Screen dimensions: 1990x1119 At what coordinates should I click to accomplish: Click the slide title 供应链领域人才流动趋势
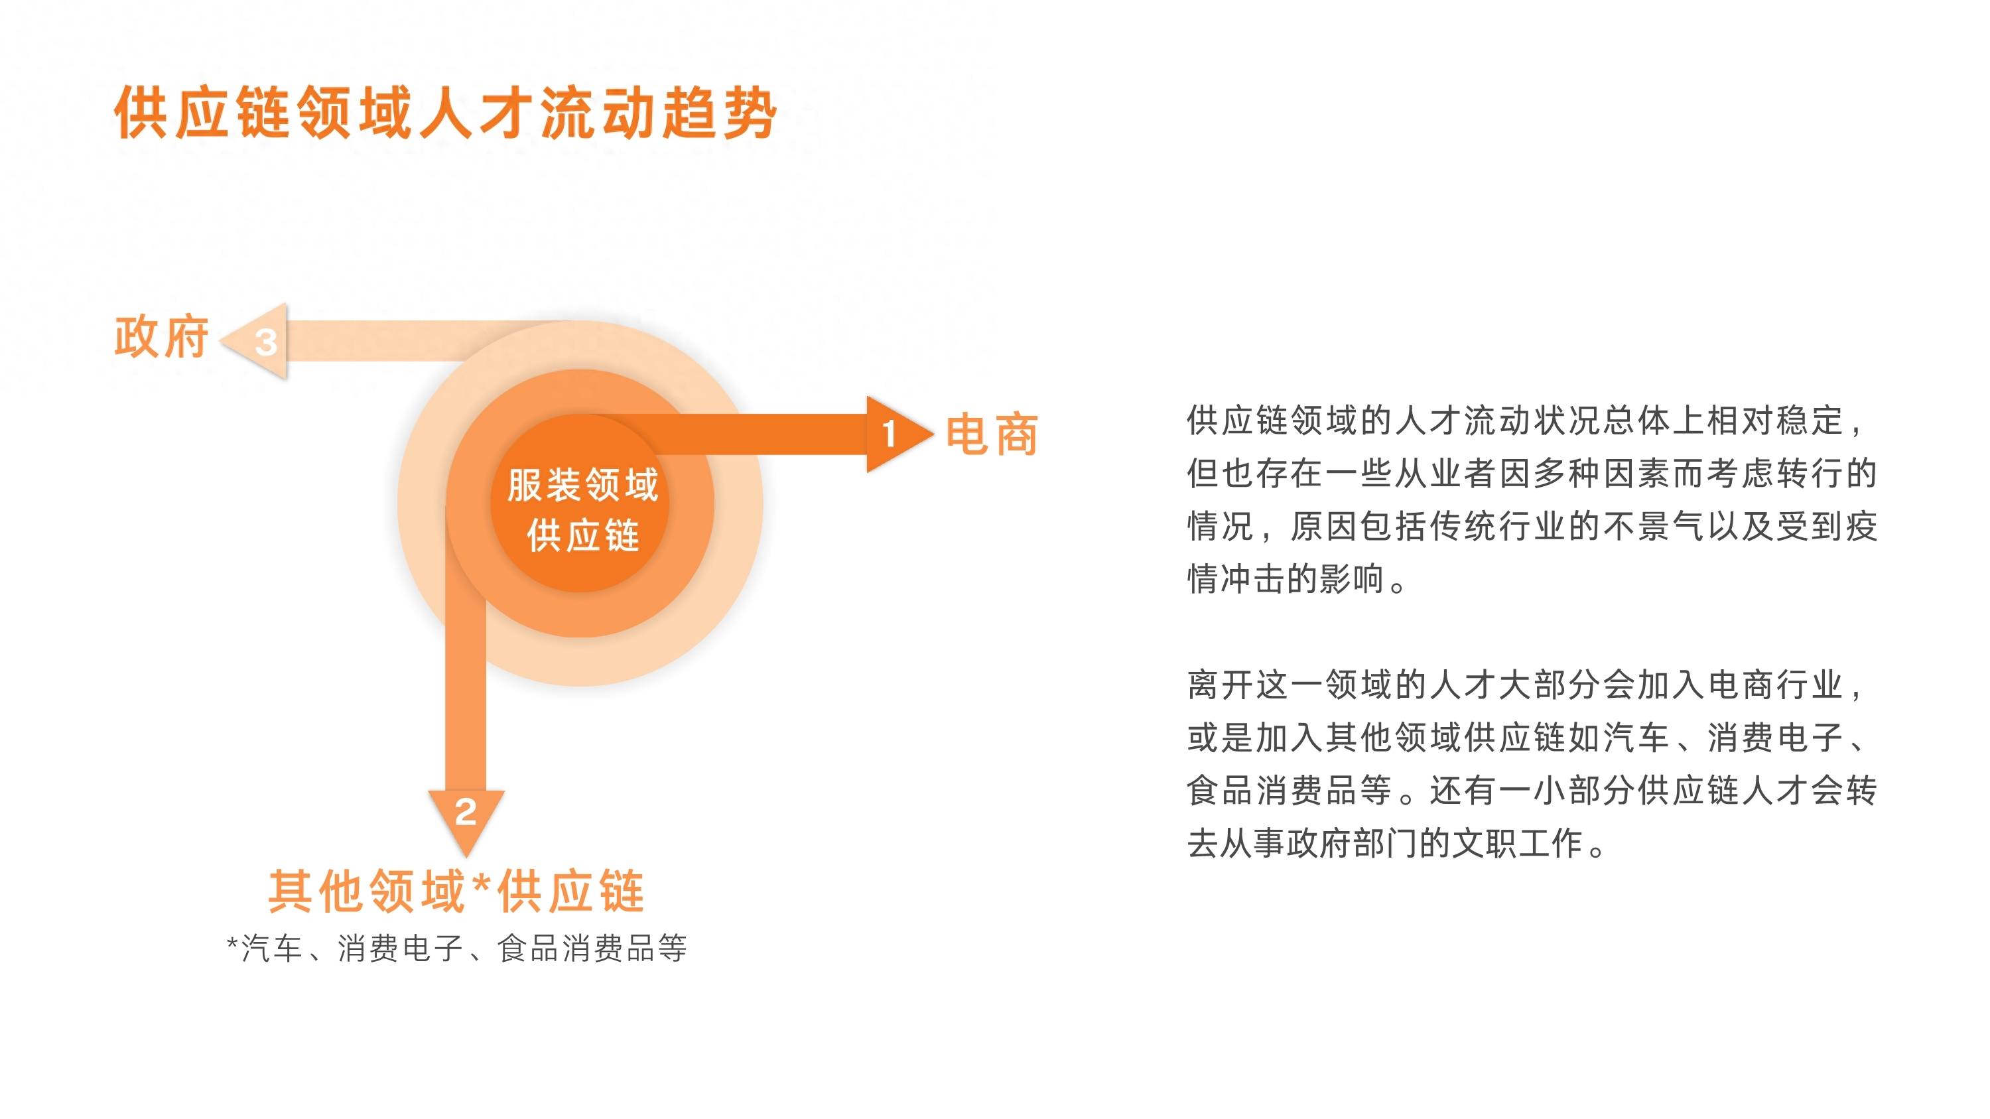coord(445,113)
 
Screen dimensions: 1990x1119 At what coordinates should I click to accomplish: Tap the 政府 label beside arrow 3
coord(161,338)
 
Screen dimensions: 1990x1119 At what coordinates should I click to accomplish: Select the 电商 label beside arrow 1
coord(992,434)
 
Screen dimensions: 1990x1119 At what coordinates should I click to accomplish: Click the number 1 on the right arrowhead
coord(889,433)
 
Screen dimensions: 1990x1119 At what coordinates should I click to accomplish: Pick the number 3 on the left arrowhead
coord(266,343)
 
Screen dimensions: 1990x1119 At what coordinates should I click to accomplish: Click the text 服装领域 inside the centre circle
coord(582,485)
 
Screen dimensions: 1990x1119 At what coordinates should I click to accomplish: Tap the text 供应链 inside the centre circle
coord(582,535)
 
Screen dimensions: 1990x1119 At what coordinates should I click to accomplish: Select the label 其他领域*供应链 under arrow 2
coord(456,891)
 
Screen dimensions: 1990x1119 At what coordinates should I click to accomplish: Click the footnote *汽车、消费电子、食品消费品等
coord(456,949)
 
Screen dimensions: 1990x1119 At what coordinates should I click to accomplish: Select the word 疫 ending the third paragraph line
coord(1861,527)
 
